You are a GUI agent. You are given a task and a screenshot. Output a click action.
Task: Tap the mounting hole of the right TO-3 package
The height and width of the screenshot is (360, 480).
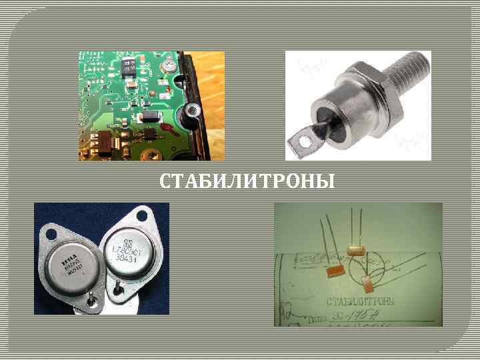point(141,215)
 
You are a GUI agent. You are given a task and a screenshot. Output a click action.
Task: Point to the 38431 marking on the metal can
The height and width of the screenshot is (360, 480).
point(124,257)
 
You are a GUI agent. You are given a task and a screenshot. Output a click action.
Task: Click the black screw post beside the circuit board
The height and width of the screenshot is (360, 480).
point(193,109)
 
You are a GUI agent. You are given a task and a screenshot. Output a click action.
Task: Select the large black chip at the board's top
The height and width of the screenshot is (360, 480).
point(131,67)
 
